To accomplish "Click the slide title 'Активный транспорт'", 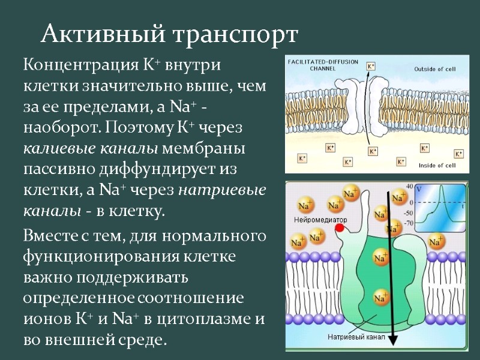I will (169, 34).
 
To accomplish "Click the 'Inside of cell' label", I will (437, 165).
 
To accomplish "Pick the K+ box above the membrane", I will (371, 67).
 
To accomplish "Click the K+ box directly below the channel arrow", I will (373, 151).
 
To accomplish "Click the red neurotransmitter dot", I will (340, 228).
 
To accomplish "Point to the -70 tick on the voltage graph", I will (409, 223).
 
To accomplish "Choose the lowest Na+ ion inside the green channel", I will (379, 298).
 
